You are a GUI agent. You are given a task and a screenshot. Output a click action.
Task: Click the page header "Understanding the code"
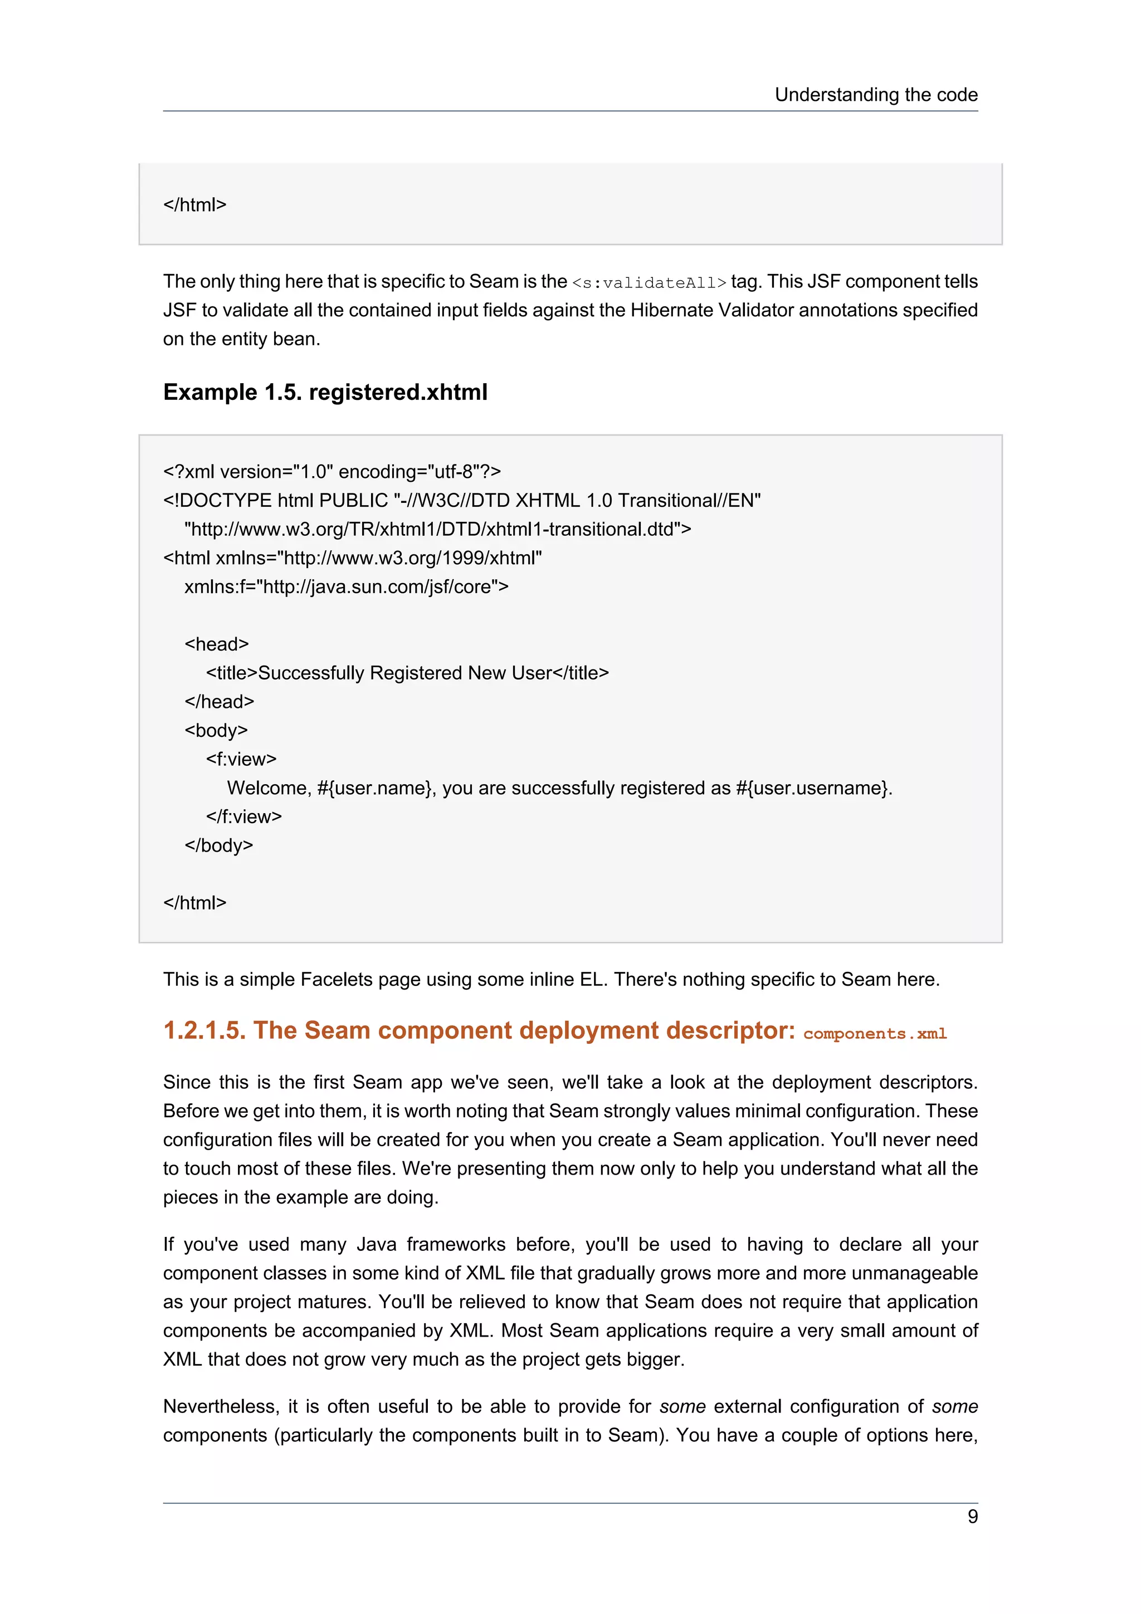875,95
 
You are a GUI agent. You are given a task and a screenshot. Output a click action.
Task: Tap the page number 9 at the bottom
972,1517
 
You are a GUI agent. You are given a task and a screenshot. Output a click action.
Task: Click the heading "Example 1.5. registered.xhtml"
325,392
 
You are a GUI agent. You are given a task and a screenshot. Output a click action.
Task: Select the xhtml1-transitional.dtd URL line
437,529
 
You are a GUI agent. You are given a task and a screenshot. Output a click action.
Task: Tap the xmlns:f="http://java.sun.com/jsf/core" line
346,586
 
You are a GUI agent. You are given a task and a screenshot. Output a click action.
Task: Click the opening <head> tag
217,644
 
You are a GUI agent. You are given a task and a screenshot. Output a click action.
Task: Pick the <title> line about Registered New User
407,673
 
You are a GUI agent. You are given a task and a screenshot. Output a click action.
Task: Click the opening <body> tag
216,730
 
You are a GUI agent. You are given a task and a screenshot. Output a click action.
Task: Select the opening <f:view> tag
241,759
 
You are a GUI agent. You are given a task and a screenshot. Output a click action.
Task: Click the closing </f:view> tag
243,817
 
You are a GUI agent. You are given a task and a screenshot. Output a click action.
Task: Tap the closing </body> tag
218,845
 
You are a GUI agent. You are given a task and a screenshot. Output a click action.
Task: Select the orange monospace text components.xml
875,1033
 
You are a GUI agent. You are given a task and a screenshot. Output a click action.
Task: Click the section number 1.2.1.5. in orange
204,1030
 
